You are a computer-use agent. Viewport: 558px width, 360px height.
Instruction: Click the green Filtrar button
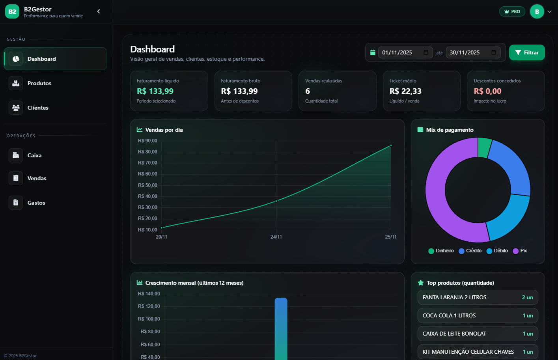click(527, 52)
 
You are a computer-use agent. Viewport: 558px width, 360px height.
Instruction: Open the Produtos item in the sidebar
click(39, 83)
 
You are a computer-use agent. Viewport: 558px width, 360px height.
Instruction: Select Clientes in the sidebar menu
click(38, 108)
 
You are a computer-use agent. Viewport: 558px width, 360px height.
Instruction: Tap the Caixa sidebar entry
click(34, 155)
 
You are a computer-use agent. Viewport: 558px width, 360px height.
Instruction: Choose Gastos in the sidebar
click(36, 203)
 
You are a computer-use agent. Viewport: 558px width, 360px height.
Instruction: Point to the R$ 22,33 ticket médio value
click(405, 91)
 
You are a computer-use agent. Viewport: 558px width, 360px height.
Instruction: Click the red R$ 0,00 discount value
click(487, 91)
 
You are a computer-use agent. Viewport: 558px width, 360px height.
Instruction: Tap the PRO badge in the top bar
click(512, 11)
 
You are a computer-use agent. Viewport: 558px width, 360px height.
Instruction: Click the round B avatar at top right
click(537, 11)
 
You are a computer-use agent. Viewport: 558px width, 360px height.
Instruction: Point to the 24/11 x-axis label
click(276, 237)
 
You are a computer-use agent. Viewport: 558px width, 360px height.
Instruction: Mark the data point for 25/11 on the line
click(391, 145)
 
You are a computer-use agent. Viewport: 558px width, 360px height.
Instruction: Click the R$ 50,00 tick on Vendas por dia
click(147, 185)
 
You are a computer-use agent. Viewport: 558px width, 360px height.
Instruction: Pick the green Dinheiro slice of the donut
click(484, 147)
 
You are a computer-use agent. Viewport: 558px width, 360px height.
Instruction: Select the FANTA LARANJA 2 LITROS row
click(478, 297)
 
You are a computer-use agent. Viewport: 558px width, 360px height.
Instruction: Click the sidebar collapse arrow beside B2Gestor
click(99, 11)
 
